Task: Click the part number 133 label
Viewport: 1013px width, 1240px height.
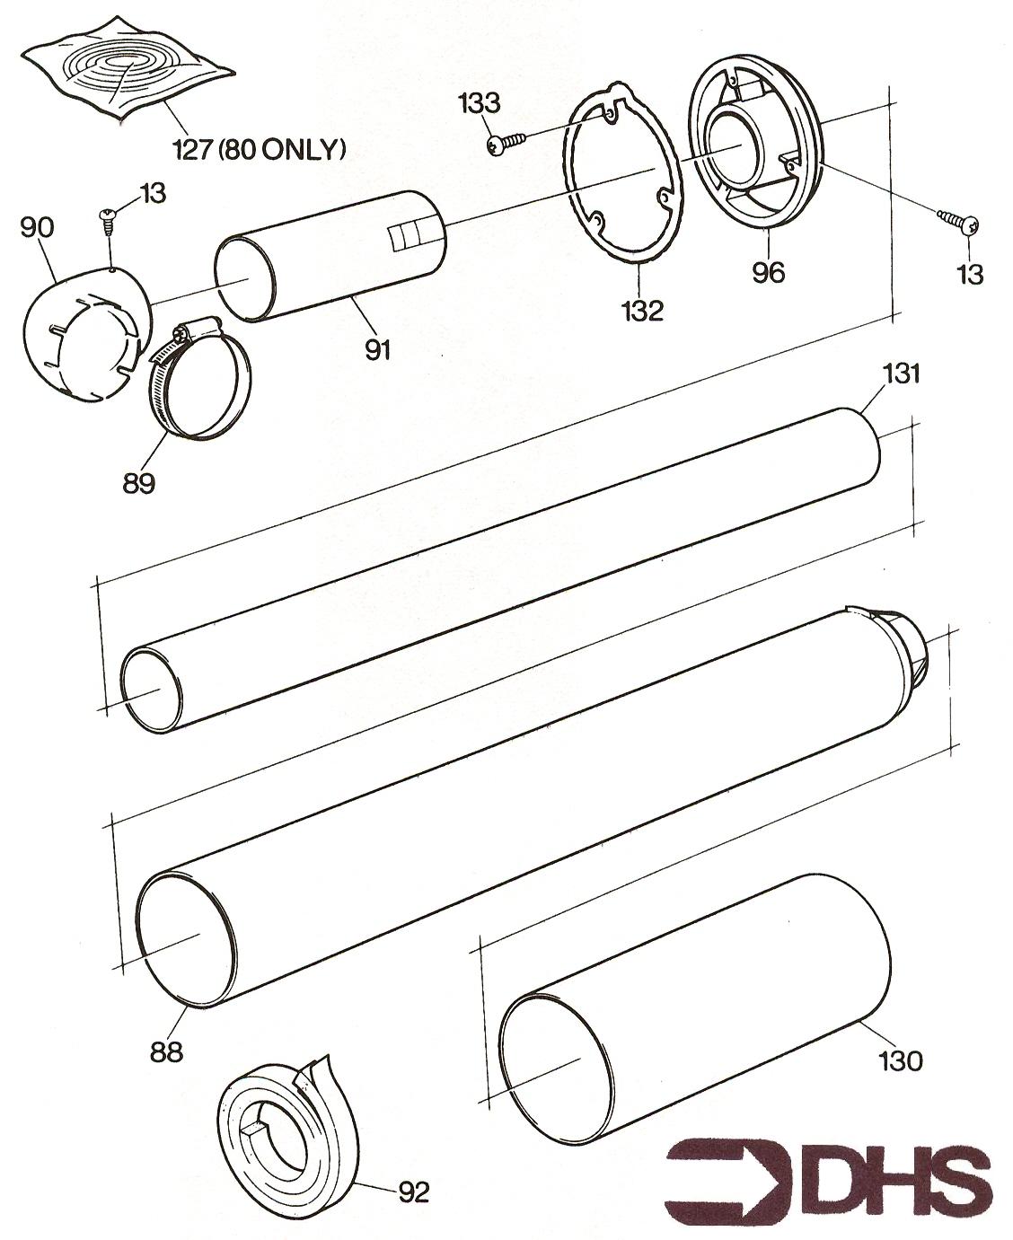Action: click(x=480, y=103)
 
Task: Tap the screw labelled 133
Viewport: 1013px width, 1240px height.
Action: click(x=506, y=143)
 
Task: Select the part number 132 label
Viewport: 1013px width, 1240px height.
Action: click(x=643, y=310)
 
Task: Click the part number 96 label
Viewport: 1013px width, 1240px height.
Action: click(x=769, y=272)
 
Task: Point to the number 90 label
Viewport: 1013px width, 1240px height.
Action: click(x=37, y=228)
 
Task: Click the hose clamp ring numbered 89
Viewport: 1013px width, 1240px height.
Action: click(x=201, y=377)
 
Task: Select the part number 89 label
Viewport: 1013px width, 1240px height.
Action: click(x=139, y=483)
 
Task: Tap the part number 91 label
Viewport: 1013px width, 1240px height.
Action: click(x=377, y=350)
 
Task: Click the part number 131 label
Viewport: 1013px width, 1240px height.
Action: click(x=900, y=374)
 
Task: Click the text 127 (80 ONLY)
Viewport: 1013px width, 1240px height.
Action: click(x=258, y=151)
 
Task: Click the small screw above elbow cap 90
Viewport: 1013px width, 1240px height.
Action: click(x=107, y=220)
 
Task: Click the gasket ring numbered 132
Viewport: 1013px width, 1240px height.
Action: click(x=623, y=174)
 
